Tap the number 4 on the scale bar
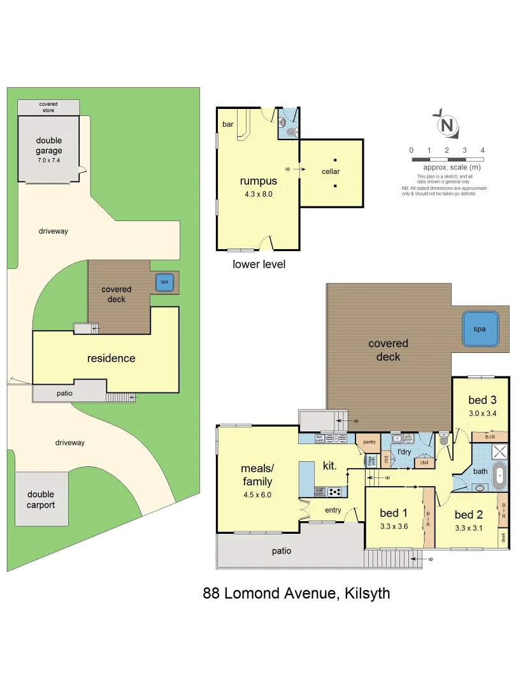(483, 150)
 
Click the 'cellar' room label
(331, 171)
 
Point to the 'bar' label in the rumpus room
(227, 124)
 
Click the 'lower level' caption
(259, 264)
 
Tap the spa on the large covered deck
(479, 329)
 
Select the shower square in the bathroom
(499, 452)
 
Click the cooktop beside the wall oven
(335, 491)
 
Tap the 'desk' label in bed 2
(503, 537)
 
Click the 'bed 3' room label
(482, 400)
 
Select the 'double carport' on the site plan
(41, 499)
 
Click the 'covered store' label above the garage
(48, 106)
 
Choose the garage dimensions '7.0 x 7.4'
(49, 161)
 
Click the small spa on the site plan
(164, 282)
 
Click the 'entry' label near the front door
(333, 510)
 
